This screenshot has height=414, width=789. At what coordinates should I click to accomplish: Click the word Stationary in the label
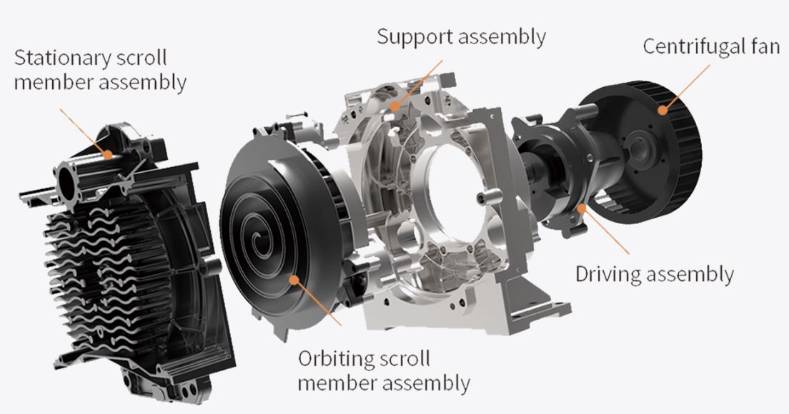(62, 59)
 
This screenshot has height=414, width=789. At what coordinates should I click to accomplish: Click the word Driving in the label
(608, 274)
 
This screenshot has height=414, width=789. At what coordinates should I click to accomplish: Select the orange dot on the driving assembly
(582, 207)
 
